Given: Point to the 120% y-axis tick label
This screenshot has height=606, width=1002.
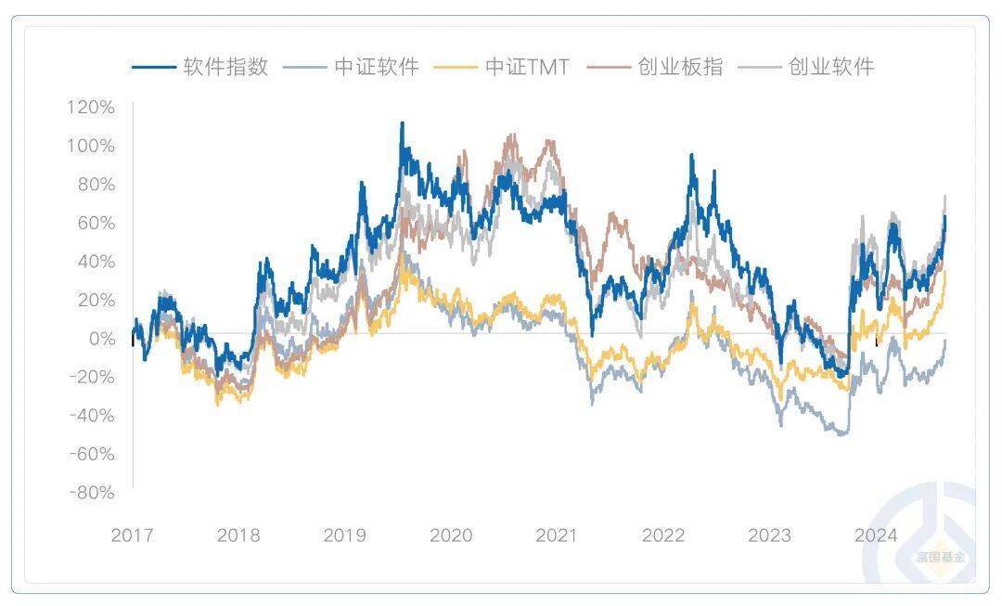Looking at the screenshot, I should pos(91,107).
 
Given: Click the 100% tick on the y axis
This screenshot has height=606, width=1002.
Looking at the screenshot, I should pos(91,146).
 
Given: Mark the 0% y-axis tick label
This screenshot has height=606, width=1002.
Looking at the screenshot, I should pos(100,339).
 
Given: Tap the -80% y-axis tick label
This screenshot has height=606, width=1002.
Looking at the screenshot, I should pos(91,493).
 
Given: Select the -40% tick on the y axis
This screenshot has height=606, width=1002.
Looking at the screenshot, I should pos(91,416).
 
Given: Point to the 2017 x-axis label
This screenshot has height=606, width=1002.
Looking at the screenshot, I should pos(132,535).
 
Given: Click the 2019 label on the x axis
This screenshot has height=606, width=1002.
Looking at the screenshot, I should pos(344,535).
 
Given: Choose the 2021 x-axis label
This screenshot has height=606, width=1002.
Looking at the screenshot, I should pos(557,535).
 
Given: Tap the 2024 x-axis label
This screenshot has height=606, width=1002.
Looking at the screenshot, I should pos(875,535).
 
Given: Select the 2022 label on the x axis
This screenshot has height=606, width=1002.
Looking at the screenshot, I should pos(663,535).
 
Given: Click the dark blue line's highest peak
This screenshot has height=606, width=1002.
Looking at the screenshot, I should pos(402,122).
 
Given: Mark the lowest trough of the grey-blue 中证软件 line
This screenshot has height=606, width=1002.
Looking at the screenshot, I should pos(842,434).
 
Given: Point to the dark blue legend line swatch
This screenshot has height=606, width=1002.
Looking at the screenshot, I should pos(154,67).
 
